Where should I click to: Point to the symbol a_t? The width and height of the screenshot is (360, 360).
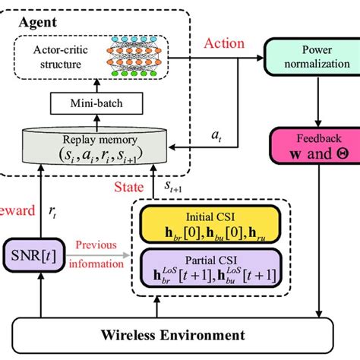click(x=216, y=137)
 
